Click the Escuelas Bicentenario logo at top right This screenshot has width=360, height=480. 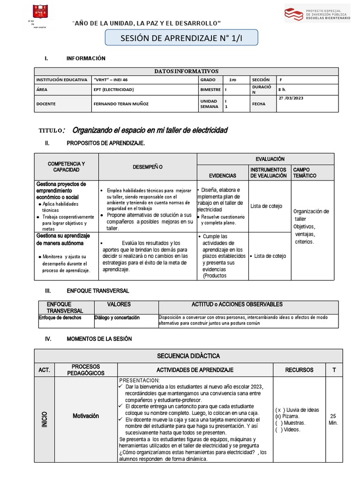coord(317,13)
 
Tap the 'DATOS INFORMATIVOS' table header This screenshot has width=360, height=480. coord(187,71)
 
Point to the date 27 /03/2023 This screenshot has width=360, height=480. coord(292,98)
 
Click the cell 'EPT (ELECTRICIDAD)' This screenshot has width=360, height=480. coord(114,89)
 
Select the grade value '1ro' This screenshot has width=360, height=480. coord(233,80)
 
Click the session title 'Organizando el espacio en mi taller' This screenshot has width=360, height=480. coord(150,130)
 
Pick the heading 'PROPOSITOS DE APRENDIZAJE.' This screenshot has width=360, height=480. coord(106,143)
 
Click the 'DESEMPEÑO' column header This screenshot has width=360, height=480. coord(148,166)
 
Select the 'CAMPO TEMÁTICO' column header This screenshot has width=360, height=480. coord(305,172)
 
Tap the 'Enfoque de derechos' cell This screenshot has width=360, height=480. coord(60,318)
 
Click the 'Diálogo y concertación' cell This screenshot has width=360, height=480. coord(117,318)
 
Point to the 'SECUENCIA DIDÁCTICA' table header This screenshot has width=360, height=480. coord(188,356)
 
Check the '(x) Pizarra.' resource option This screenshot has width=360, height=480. coord(287,416)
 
